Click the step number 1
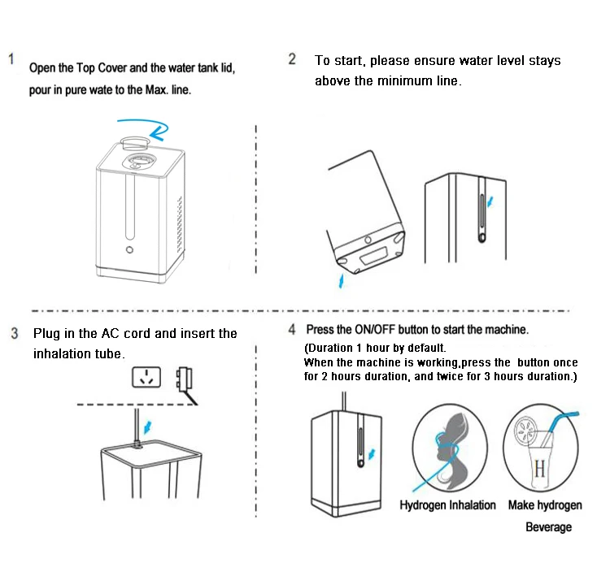(x=12, y=60)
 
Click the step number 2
(x=292, y=59)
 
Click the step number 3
(x=15, y=334)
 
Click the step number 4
(x=291, y=330)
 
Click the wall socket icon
(x=146, y=377)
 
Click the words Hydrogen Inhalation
(x=447, y=505)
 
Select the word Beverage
(x=548, y=527)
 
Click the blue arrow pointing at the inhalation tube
(x=147, y=425)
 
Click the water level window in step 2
(x=481, y=212)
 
